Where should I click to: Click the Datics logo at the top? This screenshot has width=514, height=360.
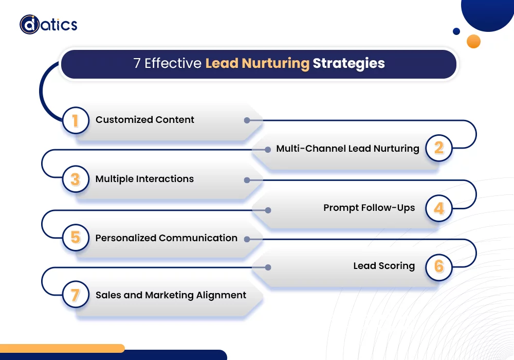(x=48, y=24)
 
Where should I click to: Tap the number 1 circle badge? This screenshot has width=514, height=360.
(x=76, y=121)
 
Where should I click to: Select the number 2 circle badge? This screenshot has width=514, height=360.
(x=438, y=149)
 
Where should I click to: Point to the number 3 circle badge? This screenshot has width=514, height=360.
(x=76, y=179)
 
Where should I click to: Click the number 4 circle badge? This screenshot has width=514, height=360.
(x=438, y=208)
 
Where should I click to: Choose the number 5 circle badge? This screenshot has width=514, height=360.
(x=76, y=238)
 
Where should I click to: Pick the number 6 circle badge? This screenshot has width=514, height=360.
(x=438, y=266)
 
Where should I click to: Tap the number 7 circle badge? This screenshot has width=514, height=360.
(x=76, y=295)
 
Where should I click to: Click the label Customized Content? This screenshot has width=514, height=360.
(x=145, y=120)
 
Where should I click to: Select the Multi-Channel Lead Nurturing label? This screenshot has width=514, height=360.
(x=347, y=149)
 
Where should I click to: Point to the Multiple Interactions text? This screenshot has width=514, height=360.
(x=144, y=179)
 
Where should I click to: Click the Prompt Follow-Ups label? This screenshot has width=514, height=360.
(x=369, y=208)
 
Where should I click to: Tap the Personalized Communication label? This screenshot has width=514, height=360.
(x=166, y=238)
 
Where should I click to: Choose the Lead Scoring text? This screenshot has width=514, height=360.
(x=384, y=266)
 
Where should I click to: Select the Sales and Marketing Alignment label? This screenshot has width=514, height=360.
(x=171, y=295)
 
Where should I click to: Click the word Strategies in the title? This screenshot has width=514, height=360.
(x=348, y=63)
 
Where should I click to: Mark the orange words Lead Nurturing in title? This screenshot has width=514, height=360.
(x=258, y=63)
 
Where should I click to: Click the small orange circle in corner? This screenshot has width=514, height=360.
(x=473, y=41)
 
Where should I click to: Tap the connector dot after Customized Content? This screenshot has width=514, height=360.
(x=247, y=120)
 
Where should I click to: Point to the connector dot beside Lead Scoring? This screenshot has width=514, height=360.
(x=268, y=267)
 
